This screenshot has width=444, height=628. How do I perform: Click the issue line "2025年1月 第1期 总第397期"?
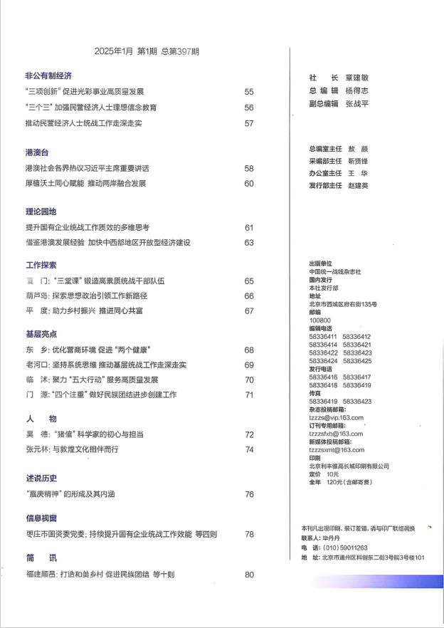tap(147, 51)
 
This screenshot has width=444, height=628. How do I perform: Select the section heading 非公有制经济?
tap(48, 75)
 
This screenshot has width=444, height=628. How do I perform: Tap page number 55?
tap(249, 92)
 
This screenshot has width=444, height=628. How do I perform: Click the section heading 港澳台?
tap(37, 152)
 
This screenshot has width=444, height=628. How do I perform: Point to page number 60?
tap(249, 184)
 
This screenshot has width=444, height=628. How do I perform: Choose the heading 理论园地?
tap(41, 211)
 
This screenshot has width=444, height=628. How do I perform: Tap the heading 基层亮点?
tap(41, 333)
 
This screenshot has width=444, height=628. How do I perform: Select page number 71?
tap(249, 395)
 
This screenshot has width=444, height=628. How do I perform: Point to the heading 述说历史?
tap(41, 478)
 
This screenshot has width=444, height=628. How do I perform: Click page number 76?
tap(249, 494)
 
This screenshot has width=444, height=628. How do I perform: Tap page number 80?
tap(249, 575)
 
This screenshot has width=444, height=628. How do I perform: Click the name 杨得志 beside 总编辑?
tap(357, 91)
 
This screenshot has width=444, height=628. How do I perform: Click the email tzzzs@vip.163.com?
tap(337, 418)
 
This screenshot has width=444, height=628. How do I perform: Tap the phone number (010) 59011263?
tap(345, 548)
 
